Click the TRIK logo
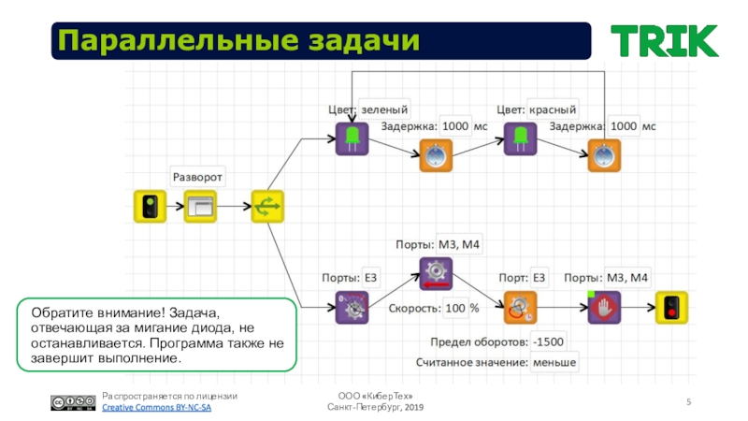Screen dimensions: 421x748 pyautogui.click(x=665, y=40)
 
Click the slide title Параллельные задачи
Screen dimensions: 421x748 pyautogui.click(x=236, y=41)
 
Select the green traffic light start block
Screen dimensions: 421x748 pyautogui.click(x=149, y=206)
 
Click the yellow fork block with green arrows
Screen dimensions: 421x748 pyautogui.click(x=267, y=206)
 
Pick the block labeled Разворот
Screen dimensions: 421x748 pyautogui.click(x=201, y=206)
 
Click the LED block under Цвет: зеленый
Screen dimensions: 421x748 pyautogui.click(x=352, y=138)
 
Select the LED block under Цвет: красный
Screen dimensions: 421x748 pyautogui.click(x=519, y=138)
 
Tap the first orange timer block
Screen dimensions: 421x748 pyautogui.click(x=436, y=155)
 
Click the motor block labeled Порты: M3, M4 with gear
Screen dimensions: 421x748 pyautogui.click(x=435, y=273)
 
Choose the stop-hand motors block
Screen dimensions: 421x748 pyautogui.click(x=604, y=307)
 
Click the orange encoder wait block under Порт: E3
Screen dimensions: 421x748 pyautogui.click(x=520, y=307)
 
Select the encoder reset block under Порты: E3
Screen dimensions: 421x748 pyautogui.click(x=352, y=307)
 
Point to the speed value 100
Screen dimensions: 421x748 pyautogui.click(x=454, y=308)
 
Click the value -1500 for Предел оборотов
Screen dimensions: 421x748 pyautogui.click(x=549, y=341)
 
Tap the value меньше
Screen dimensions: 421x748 pyautogui.click(x=554, y=362)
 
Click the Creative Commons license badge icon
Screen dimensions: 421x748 pyautogui.click(x=72, y=403)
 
